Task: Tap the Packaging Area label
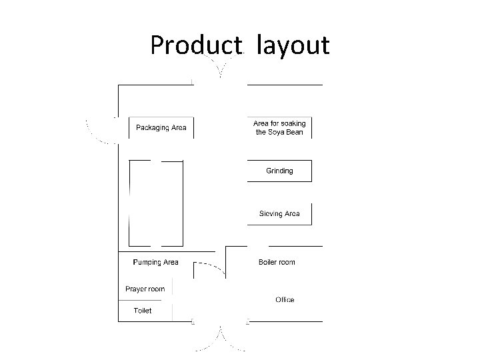161,127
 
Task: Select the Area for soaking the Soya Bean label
279,127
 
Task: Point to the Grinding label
279,171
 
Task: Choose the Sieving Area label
279,214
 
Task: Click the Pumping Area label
155,263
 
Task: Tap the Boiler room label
277,263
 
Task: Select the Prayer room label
145,289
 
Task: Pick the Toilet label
143,311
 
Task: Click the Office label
285,300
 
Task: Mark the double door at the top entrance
219,67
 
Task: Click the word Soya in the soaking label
277,132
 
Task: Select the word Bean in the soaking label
295,132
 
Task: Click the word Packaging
152,127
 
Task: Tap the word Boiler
268,263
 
